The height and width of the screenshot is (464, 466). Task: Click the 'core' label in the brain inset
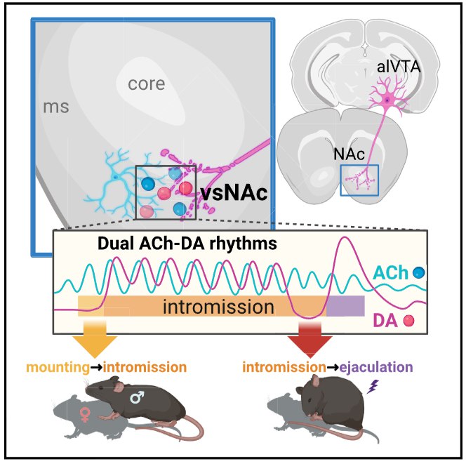pos(146,84)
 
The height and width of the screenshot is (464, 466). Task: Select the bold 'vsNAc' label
pos(234,194)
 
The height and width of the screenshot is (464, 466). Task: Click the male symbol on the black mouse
pos(138,397)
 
